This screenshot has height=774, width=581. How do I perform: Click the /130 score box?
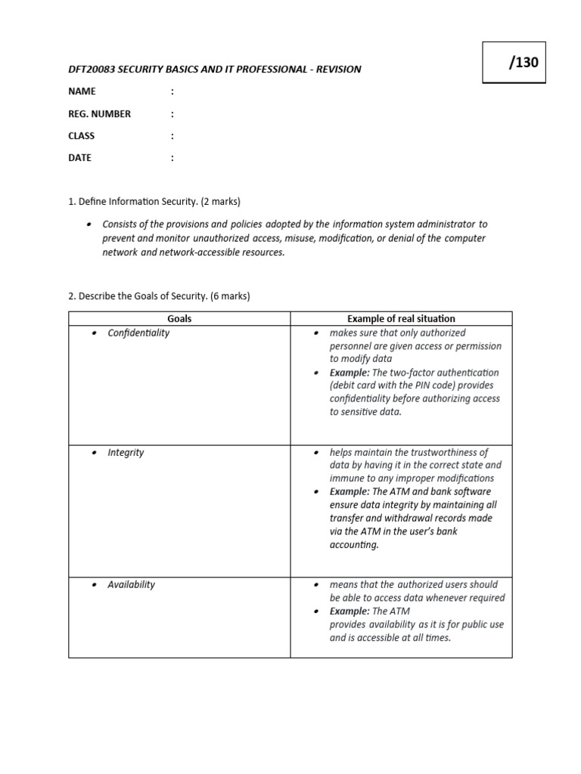tap(513, 63)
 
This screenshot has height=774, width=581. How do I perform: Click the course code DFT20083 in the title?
tap(92, 69)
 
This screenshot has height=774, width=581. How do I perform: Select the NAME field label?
tap(82, 91)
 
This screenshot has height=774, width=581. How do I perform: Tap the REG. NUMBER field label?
tap(99, 114)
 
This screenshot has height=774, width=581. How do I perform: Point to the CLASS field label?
tap(82, 136)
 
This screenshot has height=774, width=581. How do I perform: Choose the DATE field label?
tap(79, 158)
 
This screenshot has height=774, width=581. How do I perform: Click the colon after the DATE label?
tap(172, 158)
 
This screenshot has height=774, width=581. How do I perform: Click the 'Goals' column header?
tap(179, 319)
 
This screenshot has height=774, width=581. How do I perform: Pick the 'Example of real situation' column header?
tap(401, 319)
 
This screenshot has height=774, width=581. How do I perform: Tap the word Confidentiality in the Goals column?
tap(138, 333)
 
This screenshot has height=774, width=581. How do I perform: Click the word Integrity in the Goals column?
tap(126, 452)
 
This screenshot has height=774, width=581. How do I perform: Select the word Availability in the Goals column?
tap(131, 584)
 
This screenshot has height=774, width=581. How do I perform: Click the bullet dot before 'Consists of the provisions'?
tap(89, 224)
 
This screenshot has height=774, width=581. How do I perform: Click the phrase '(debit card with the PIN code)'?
tap(393, 385)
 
